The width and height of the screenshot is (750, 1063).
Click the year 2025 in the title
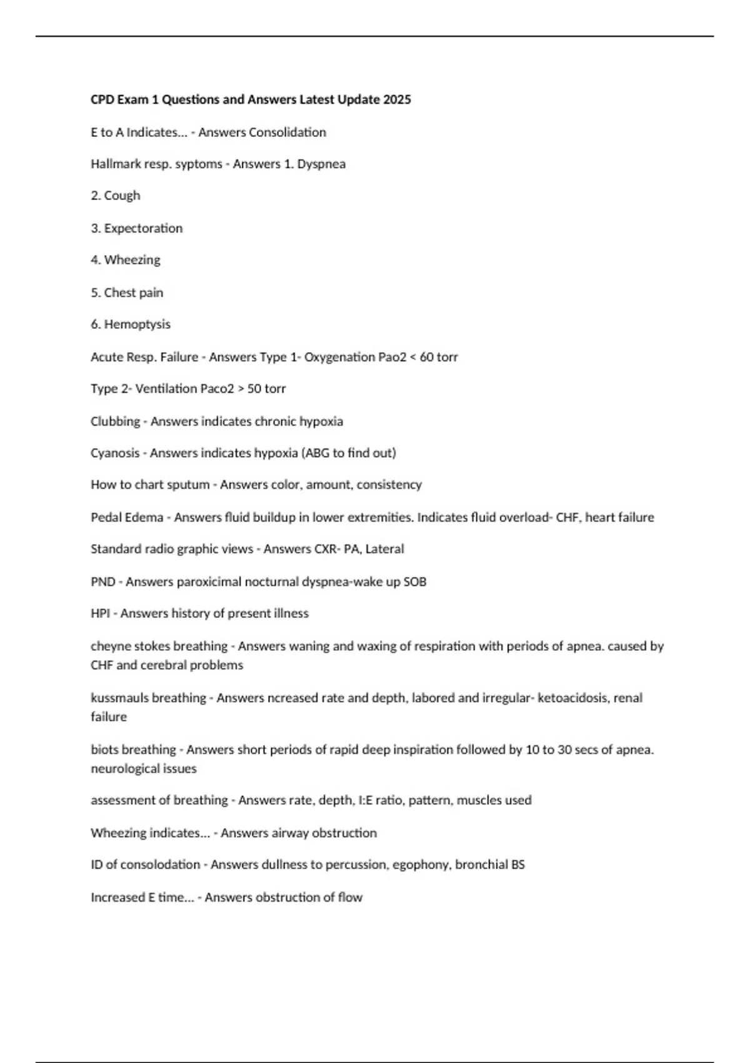(x=397, y=99)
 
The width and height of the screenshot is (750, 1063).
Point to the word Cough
(x=122, y=196)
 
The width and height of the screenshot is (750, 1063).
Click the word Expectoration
(x=143, y=228)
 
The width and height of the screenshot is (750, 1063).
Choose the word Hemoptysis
(x=137, y=324)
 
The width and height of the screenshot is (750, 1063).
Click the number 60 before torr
(x=426, y=357)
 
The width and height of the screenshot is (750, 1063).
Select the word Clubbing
(x=115, y=421)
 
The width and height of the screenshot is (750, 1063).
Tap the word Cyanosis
(x=115, y=453)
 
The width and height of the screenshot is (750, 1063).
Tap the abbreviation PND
(x=102, y=582)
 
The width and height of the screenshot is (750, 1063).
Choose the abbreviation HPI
(x=100, y=613)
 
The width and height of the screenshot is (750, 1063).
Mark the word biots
(x=104, y=749)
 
